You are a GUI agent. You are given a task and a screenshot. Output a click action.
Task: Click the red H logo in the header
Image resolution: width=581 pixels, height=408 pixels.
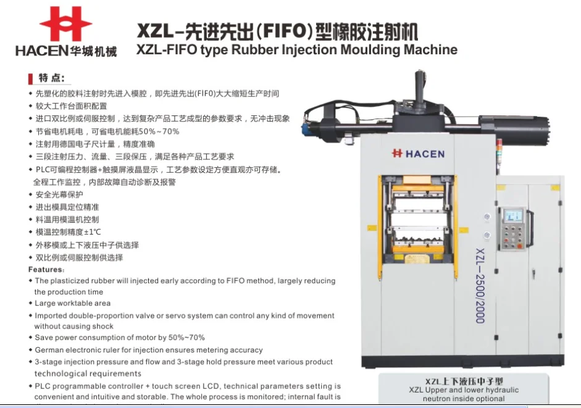point(65,24)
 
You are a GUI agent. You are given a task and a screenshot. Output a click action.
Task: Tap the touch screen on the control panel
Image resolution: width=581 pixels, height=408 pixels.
point(513,215)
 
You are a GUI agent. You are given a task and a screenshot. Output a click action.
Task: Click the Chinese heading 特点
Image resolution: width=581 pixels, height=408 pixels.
point(51,78)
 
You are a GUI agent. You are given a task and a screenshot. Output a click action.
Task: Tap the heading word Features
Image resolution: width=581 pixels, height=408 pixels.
point(46,270)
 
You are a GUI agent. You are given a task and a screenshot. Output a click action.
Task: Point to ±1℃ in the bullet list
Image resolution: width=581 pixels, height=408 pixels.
point(90,232)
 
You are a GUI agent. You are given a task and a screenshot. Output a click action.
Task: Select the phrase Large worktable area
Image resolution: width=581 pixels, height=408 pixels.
point(73,303)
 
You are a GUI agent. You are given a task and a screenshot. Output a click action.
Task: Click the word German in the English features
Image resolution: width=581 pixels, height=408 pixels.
point(51,350)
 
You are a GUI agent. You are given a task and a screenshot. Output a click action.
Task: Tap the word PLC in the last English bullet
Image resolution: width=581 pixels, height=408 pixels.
point(43,386)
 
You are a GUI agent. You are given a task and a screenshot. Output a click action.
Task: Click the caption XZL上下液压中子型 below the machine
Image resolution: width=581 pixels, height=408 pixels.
point(463,381)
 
